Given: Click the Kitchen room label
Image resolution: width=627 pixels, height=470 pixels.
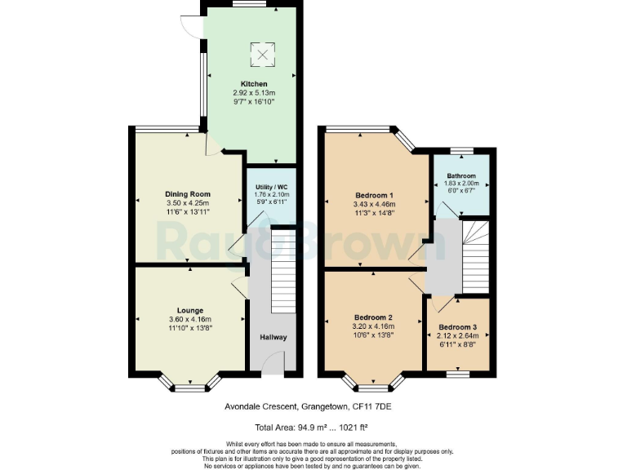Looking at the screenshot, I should tap(252, 84).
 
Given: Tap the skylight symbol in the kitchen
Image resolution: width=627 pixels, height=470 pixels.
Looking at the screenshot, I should tap(263, 55).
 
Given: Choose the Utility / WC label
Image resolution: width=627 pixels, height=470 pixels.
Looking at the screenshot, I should tap(271, 186).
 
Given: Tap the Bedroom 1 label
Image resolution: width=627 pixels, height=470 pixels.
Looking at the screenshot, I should tap(374, 194).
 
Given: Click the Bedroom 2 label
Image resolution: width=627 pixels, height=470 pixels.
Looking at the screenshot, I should tap(374, 317).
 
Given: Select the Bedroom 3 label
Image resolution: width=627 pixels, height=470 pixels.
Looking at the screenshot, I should tap(457, 326).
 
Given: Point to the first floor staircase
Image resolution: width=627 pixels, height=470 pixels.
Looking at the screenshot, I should tap(474, 255).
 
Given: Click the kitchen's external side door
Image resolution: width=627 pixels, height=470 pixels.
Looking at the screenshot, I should tap(193, 26).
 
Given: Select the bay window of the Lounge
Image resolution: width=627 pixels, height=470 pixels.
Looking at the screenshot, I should tap(189, 384).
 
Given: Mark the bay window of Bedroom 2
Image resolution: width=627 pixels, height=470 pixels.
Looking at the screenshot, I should tap(374, 384).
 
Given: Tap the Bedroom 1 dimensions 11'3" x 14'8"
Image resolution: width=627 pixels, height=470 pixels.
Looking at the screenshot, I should tap(374, 213).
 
